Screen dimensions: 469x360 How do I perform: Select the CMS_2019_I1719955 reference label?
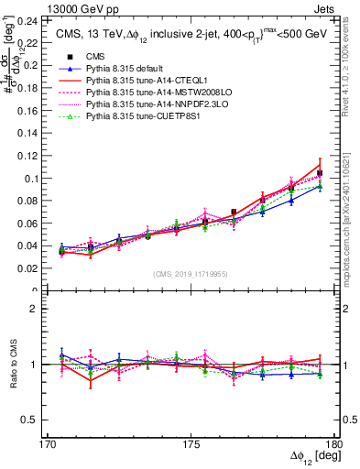pos(191,273)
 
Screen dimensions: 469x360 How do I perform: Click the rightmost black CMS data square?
pos(320,173)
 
